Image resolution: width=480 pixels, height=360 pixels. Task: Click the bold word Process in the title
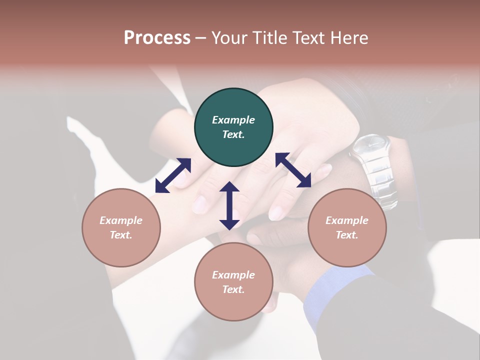tap(157, 37)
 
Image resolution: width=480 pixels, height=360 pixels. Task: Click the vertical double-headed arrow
tap(229, 205)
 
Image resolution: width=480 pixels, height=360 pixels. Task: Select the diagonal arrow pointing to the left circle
tap(173, 175)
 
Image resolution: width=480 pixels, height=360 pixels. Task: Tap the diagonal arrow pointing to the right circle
tap(293, 170)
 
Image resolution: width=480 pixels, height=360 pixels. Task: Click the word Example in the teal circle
tap(233, 120)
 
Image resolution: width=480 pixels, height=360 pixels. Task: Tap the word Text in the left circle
tap(121, 235)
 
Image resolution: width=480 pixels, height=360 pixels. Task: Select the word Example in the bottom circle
tap(233, 275)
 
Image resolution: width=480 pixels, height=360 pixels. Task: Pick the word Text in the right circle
tap(347, 235)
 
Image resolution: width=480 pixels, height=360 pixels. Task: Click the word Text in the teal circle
tap(233, 134)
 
